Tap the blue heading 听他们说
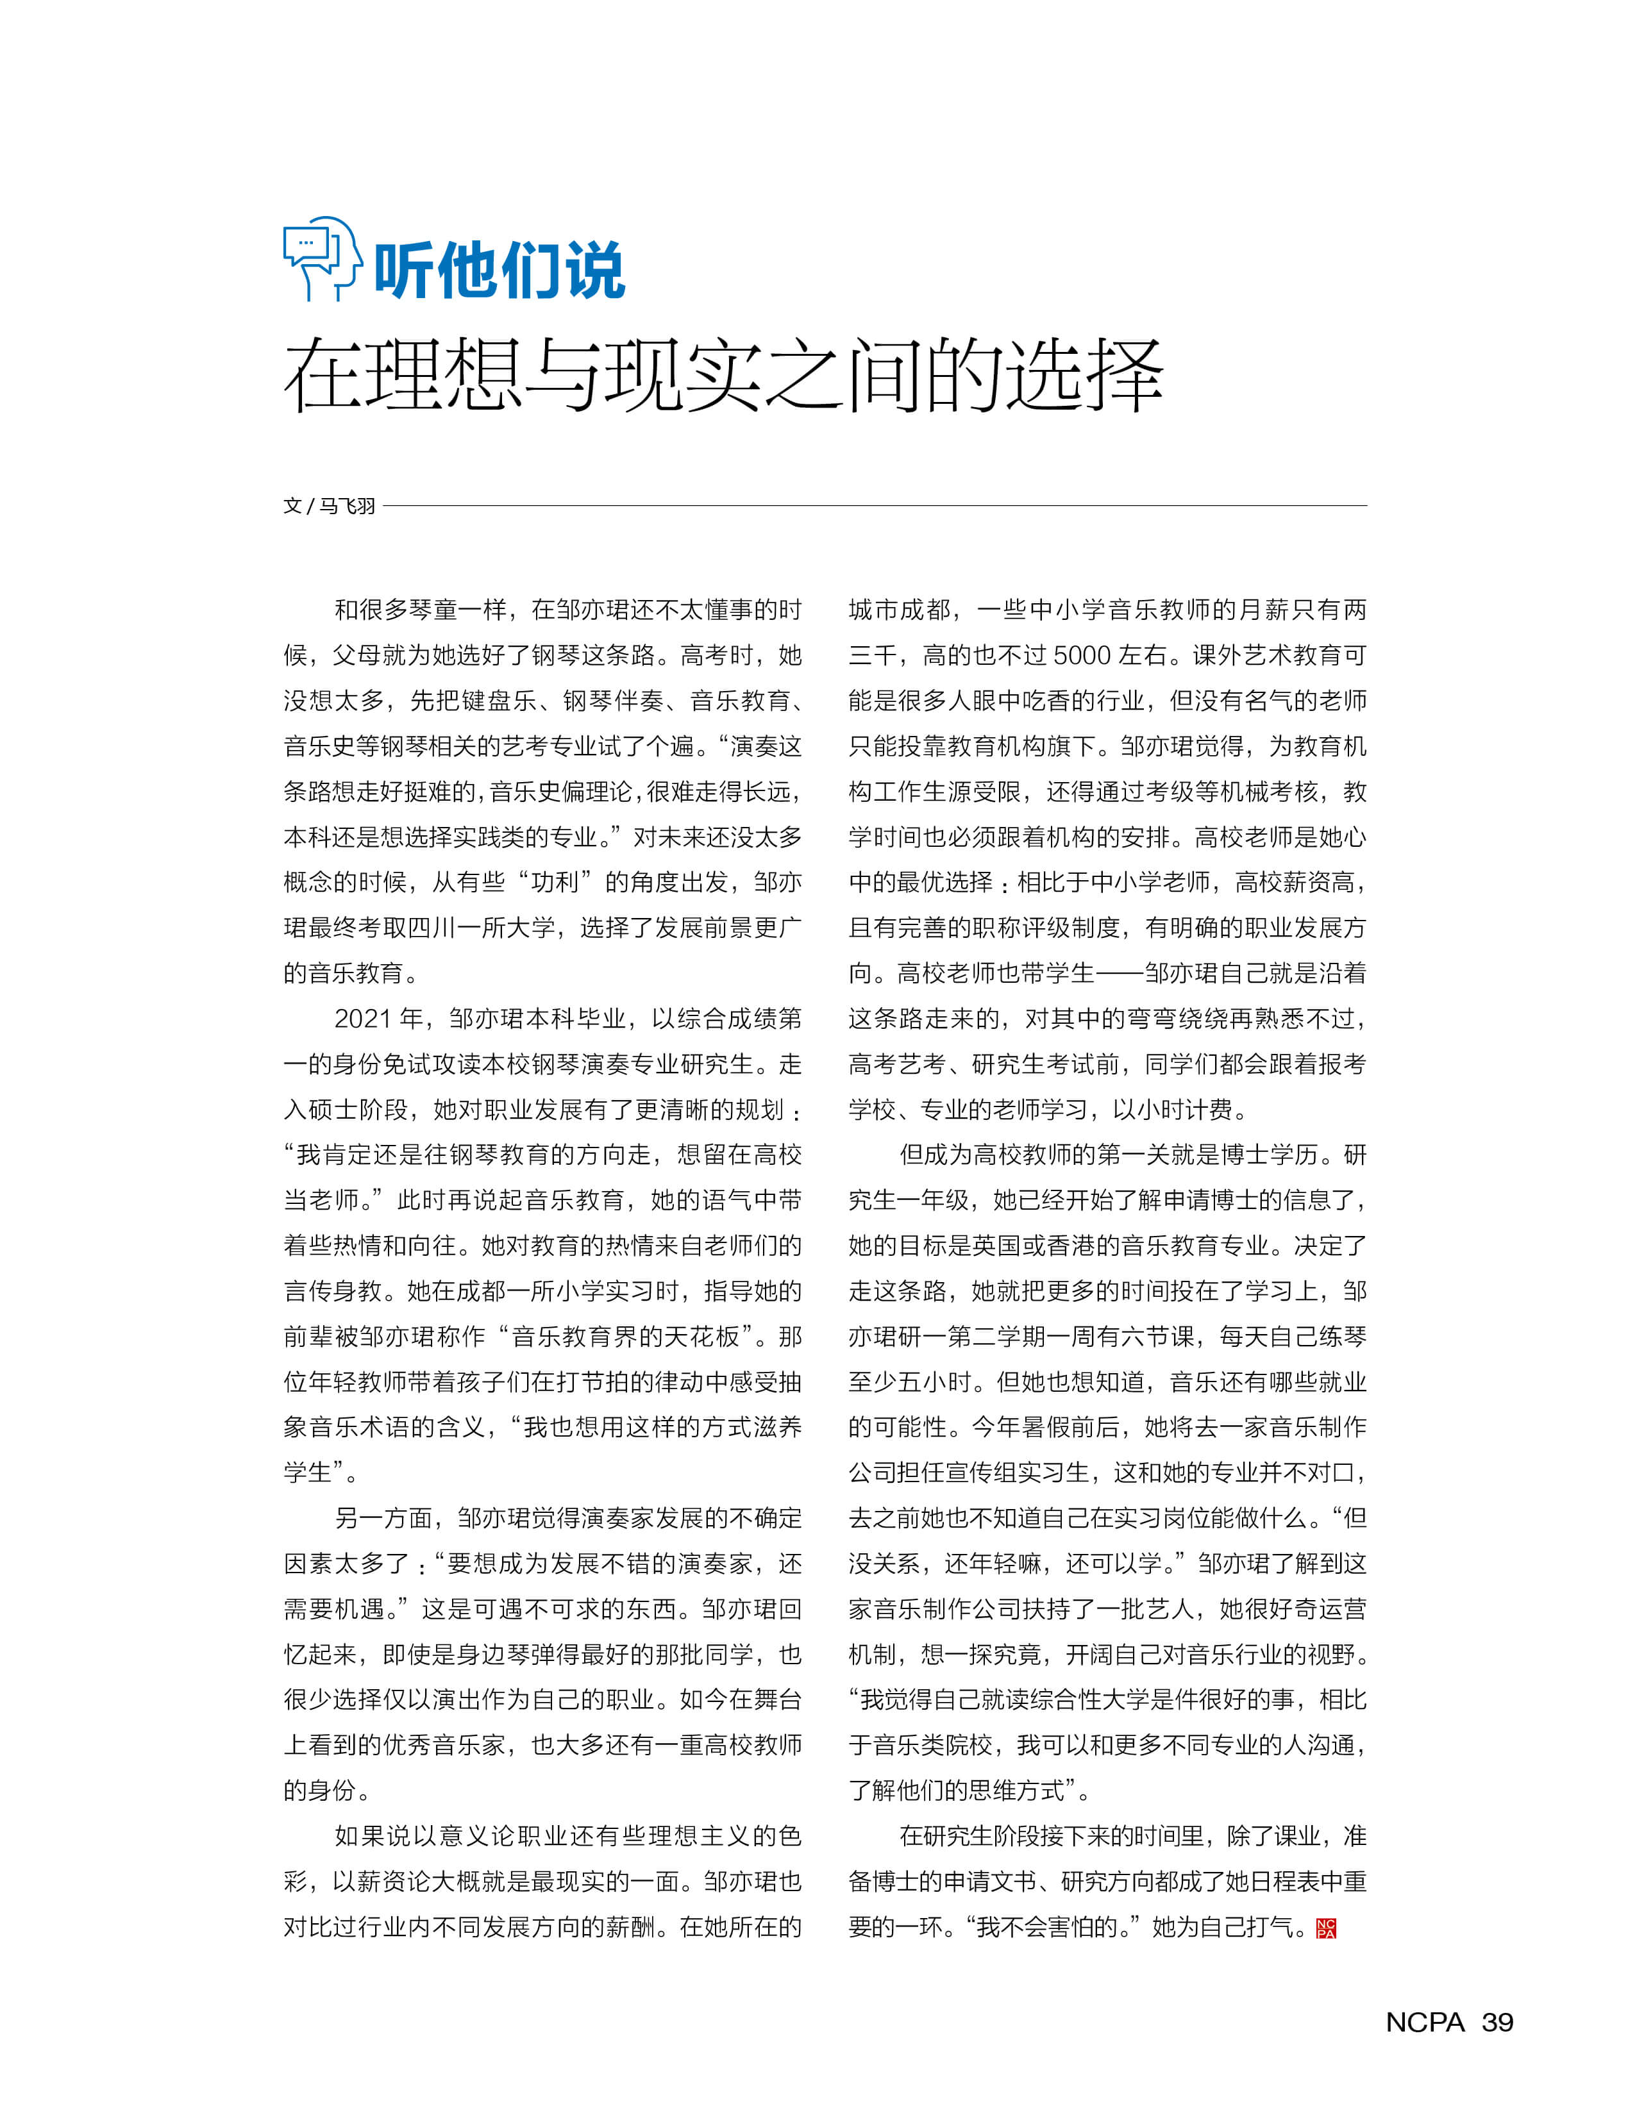(499, 271)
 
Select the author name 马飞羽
(347, 506)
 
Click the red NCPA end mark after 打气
(1325, 1928)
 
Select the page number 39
(1497, 2022)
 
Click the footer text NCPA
(1425, 2022)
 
